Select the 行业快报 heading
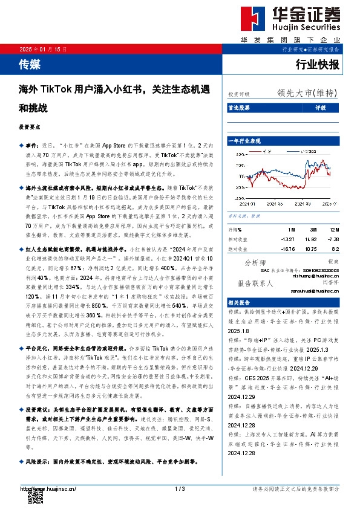click(318, 63)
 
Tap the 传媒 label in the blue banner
click(30, 63)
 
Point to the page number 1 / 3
click(179, 488)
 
